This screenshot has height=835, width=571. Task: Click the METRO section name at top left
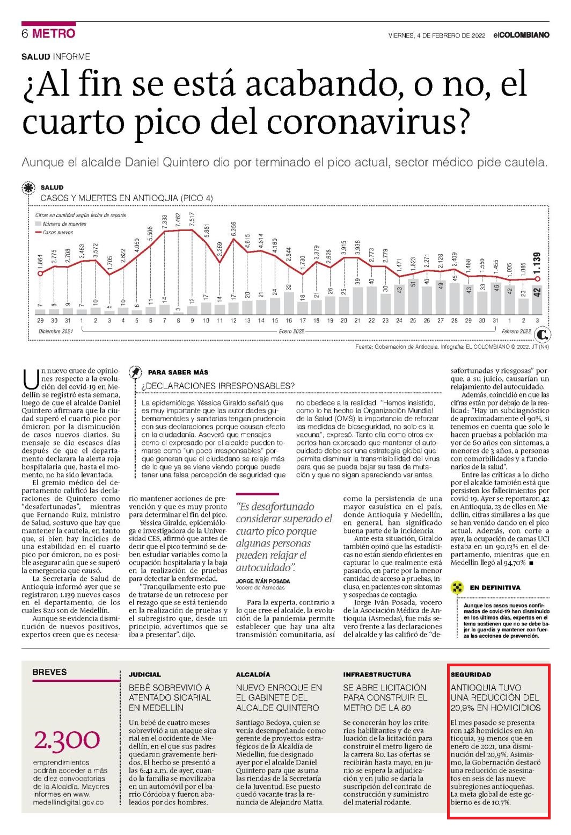coord(54,33)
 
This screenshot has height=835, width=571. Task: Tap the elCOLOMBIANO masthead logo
coord(521,35)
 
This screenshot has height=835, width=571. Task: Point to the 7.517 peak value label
coord(192,219)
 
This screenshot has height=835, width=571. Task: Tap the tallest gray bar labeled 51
coord(413,297)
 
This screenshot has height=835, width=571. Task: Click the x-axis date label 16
coord(289,321)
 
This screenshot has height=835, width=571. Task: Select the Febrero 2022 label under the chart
coord(516,332)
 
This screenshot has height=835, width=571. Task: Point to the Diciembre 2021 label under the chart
coord(56,332)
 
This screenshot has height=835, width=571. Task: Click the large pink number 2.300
coord(67,740)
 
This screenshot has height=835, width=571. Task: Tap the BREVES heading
coord(50,672)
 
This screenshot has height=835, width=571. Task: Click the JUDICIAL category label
coord(145,674)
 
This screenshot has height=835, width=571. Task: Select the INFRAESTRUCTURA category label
coord(377,674)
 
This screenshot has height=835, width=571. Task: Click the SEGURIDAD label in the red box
coord(471,674)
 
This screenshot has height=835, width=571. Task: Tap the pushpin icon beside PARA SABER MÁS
coord(135,372)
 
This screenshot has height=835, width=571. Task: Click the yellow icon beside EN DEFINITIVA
coord(457,587)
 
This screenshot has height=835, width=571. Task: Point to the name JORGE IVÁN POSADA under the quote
coord(263,581)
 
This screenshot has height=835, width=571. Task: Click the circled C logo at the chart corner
coord(542,334)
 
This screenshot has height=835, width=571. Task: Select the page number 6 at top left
coord(25,33)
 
